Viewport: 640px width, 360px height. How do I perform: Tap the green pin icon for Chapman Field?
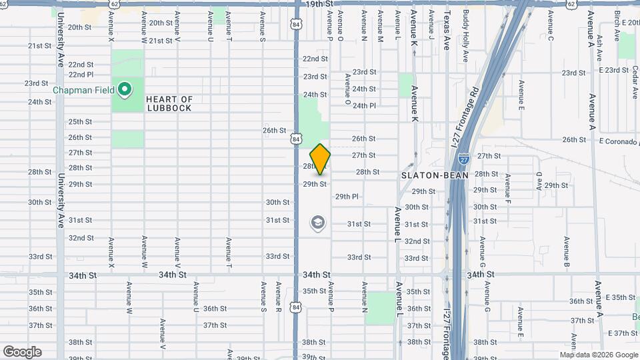pyautogui.click(x=124, y=89)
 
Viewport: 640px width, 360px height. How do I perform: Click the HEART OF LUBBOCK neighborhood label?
pyautogui.click(x=170, y=104)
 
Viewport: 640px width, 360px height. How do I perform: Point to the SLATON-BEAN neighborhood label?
pyautogui.click(x=435, y=175)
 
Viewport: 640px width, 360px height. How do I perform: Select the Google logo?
pyautogui.click(x=22, y=352)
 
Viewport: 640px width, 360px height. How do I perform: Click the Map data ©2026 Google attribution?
pyautogui.click(x=599, y=355)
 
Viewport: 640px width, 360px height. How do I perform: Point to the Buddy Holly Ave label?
pyautogui.click(x=465, y=35)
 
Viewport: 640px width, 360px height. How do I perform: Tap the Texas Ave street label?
pyautogui.click(x=447, y=27)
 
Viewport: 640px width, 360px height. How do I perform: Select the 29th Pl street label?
pyautogui.click(x=347, y=197)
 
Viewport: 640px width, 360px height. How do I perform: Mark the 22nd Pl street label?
pyautogui.click(x=81, y=74)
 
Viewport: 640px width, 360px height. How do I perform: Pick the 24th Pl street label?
pyautogui.click(x=364, y=106)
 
